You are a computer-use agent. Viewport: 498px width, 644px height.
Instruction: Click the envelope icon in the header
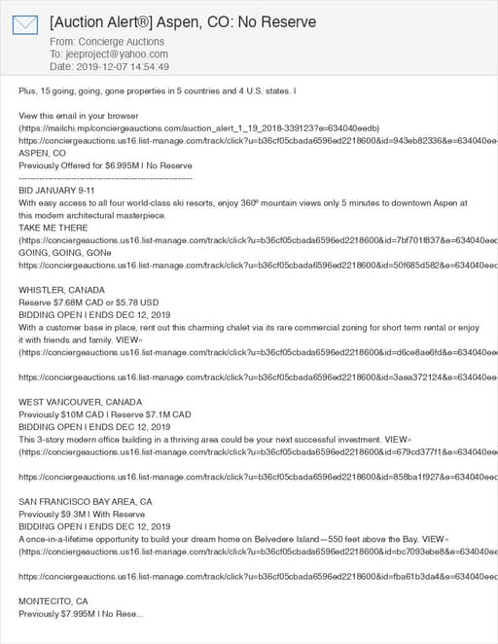[x=24, y=24]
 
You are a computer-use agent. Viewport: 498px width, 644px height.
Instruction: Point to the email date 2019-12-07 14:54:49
[x=124, y=67]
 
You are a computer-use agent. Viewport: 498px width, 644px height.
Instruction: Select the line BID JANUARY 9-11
[x=56, y=191]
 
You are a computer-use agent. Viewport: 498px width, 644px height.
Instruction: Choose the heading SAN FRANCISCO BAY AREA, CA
[x=86, y=501]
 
